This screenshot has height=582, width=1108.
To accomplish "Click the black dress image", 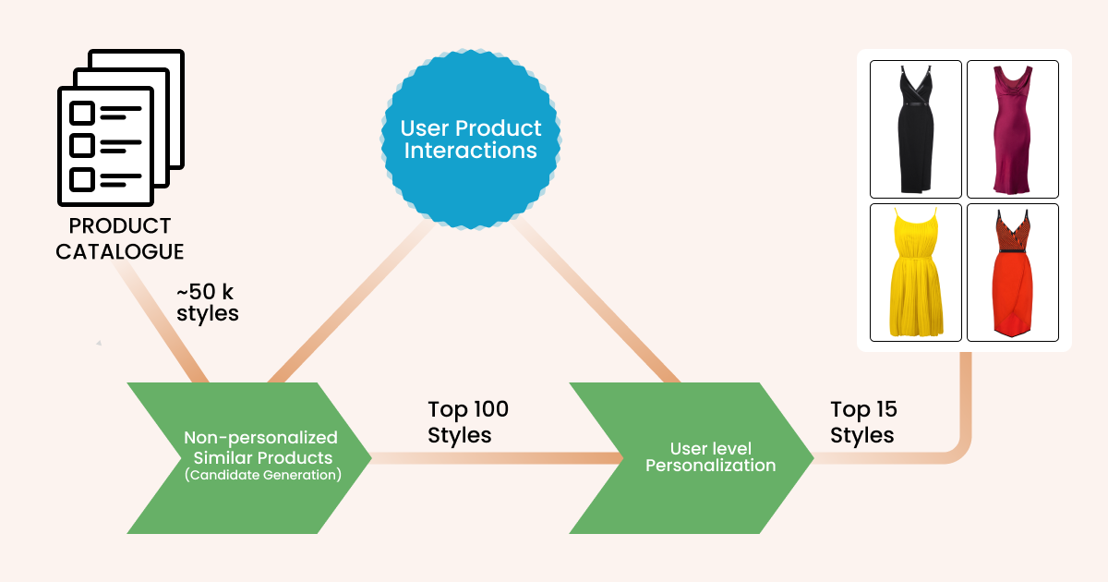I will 916,128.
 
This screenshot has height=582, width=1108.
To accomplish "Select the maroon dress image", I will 1012,128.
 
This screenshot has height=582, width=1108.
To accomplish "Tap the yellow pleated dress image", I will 916,272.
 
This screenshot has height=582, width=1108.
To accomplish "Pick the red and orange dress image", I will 1012,272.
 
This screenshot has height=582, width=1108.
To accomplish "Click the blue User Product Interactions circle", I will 471,139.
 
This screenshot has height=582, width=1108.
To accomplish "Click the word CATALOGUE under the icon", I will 119,251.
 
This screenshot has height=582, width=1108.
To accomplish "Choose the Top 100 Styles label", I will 468,421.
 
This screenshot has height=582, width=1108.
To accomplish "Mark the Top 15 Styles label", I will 863,421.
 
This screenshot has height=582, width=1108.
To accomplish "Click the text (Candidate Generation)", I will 261,476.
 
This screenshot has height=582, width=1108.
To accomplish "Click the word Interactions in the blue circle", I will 471,151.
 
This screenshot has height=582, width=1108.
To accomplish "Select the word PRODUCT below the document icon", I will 120,226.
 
